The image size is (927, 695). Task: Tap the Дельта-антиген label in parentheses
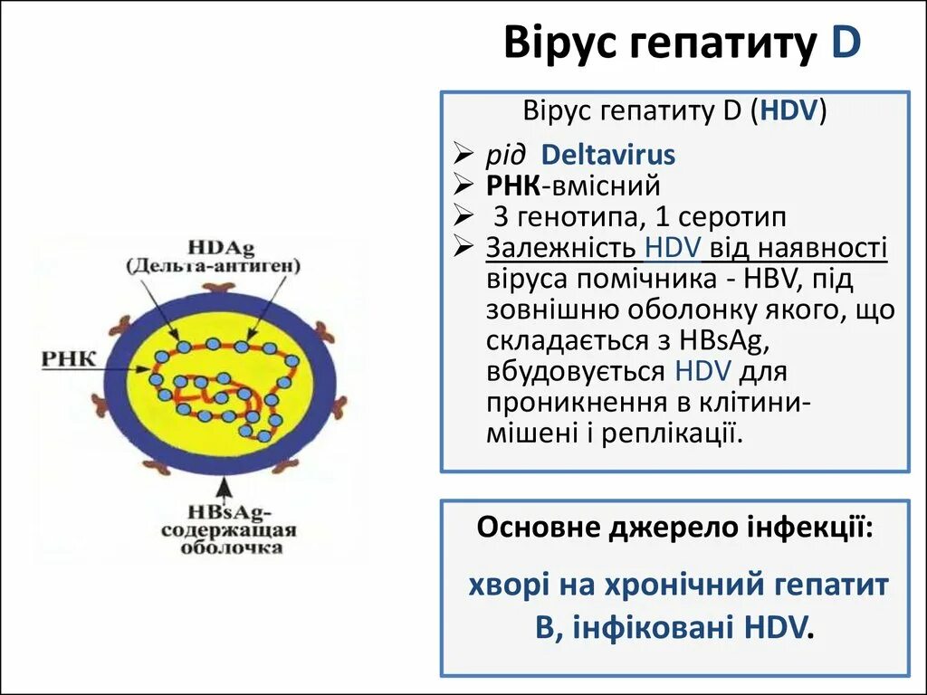(215, 266)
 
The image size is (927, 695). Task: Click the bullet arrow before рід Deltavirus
(463, 155)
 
